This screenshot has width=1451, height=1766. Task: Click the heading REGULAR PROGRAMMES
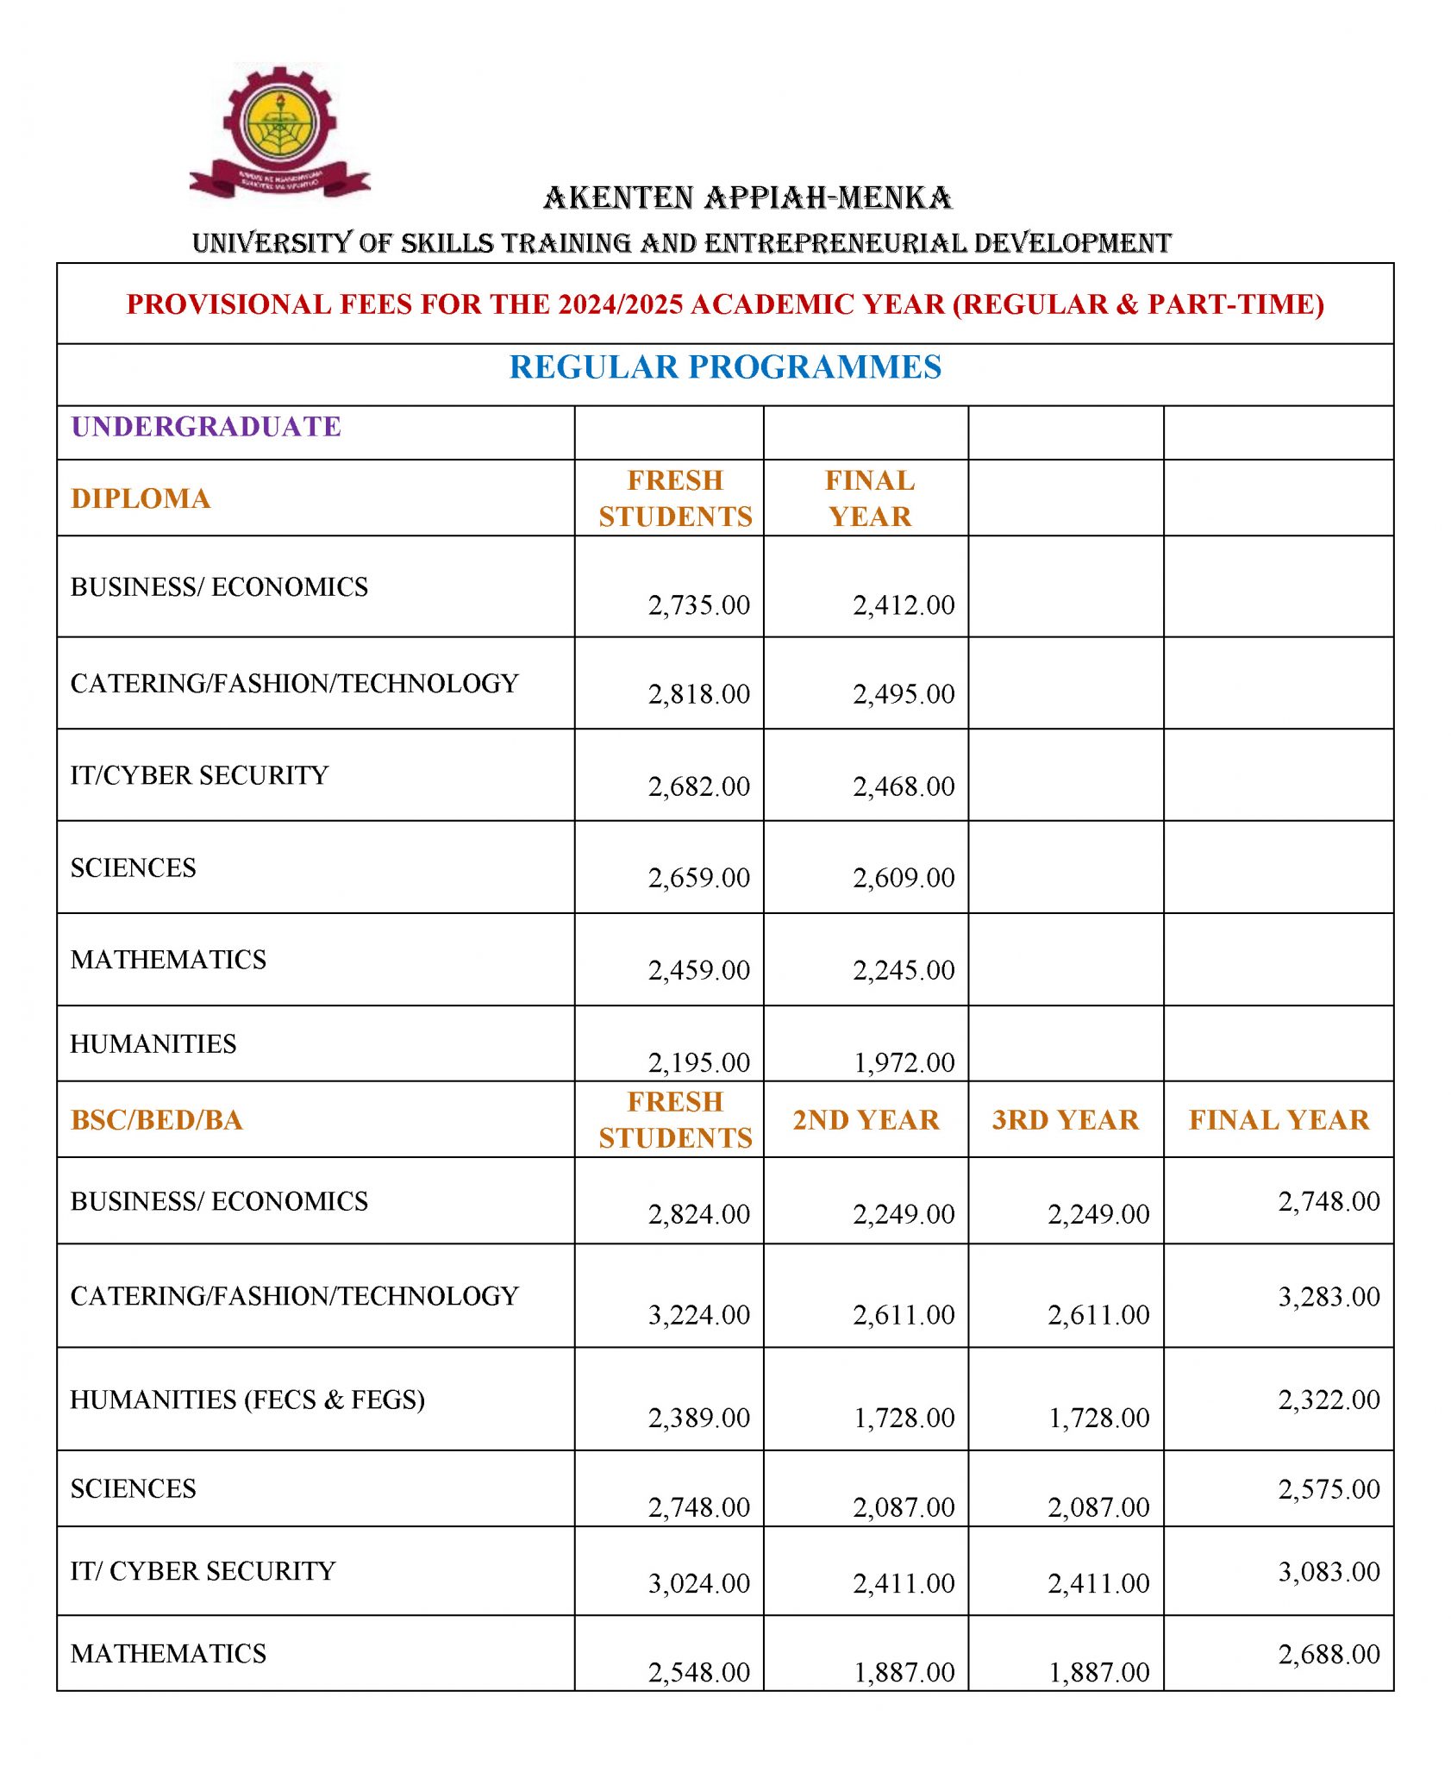[x=724, y=367]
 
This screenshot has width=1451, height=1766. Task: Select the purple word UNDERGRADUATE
[x=206, y=427]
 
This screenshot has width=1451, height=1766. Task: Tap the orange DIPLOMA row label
[x=141, y=498]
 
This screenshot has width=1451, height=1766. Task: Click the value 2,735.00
[x=698, y=605]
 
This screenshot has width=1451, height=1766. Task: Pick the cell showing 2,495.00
[x=904, y=694]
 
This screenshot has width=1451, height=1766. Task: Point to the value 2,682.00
[x=698, y=786]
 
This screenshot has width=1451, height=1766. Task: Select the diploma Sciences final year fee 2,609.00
[x=904, y=878]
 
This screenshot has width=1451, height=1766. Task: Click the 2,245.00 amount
[x=904, y=970]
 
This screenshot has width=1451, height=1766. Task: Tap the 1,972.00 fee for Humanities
[x=904, y=1062]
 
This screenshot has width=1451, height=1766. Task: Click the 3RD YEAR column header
[x=1065, y=1120]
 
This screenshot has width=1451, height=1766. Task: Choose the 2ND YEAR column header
[x=866, y=1120]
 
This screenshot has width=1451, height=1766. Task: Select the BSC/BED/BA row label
[x=157, y=1120]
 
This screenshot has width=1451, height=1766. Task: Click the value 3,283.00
[x=1329, y=1297]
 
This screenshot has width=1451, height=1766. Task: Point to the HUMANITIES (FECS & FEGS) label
[x=247, y=1400]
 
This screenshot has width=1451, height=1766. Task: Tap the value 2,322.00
[x=1329, y=1400]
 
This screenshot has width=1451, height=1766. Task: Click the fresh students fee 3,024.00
[x=698, y=1583]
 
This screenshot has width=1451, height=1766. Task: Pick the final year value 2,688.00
[x=1329, y=1654]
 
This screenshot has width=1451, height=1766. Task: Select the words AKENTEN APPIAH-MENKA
[x=747, y=198]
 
